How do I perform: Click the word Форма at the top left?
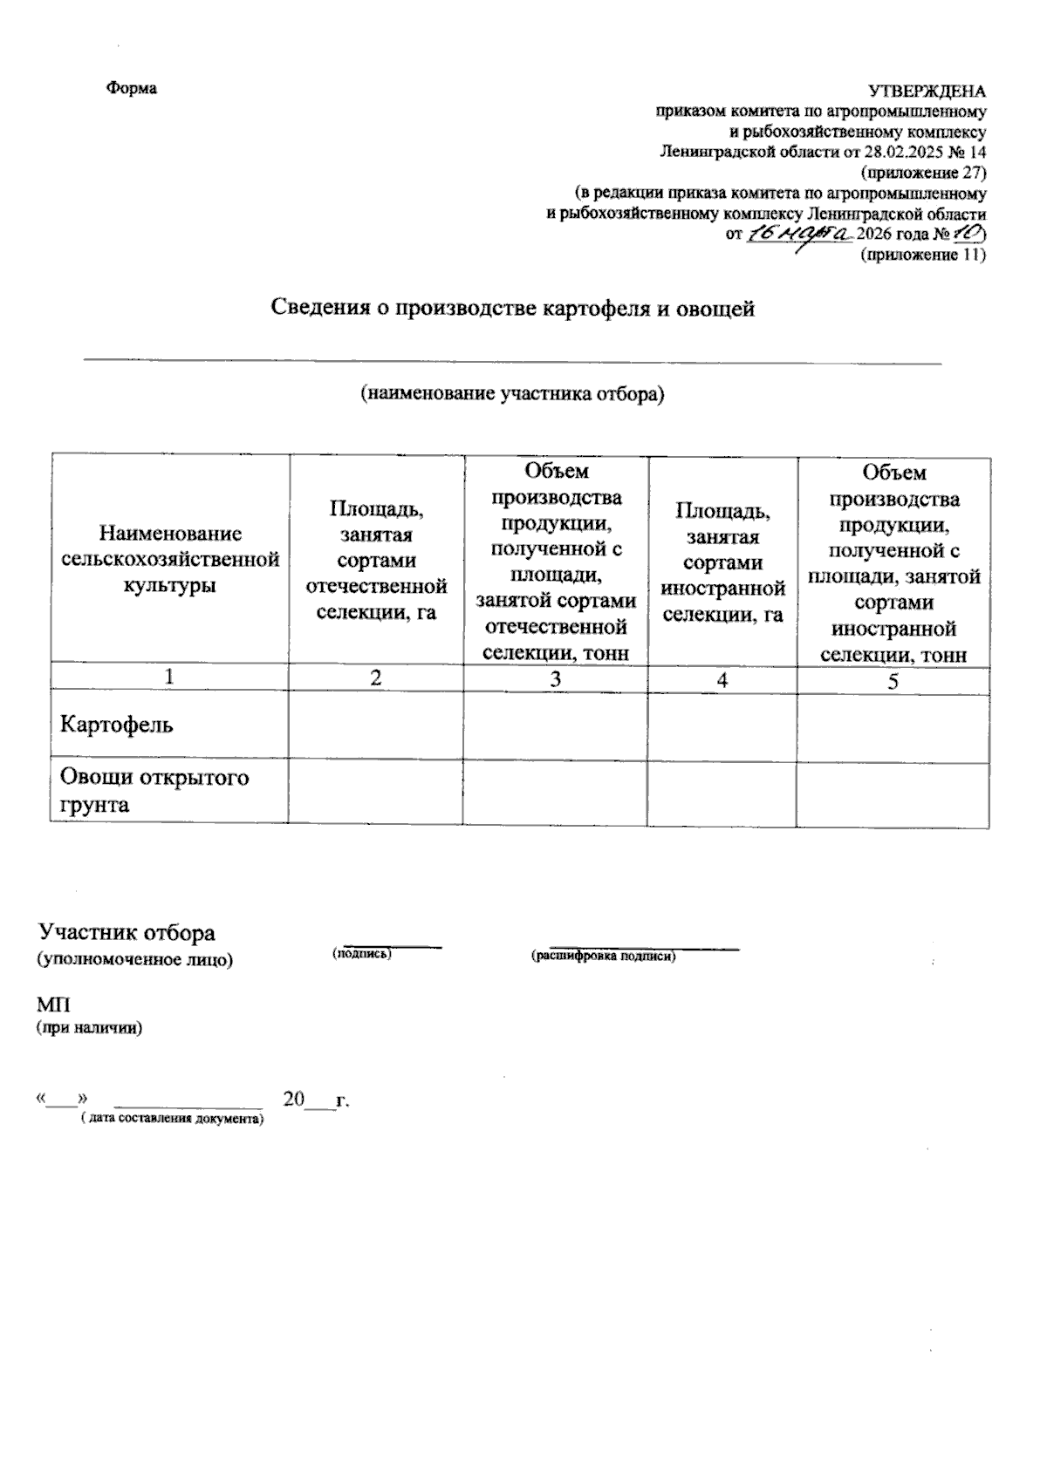(132, 89)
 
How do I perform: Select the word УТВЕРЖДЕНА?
(926, 91)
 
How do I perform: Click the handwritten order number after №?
(968, 234)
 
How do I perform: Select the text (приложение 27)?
(922, 172)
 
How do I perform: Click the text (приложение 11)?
(922, 255)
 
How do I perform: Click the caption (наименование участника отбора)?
(513, 394)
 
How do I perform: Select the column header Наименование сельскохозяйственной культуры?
(171, 559)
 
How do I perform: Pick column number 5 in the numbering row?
(893, 681)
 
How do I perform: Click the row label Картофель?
(116, 724)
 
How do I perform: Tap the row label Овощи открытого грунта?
(154, 790)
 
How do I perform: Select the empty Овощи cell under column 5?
(893, 792)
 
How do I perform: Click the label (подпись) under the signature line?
(362, 955)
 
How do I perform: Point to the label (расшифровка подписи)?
(604, 957)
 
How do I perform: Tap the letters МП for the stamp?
(52, 1006)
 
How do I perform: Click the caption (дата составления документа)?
(171, 1118)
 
